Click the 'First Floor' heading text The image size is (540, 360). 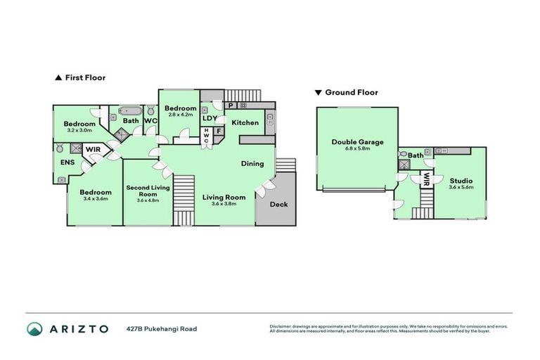[x=84, y=78]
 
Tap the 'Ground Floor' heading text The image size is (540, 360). [x=351, y=92]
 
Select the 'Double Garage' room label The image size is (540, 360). [x=357, y=142]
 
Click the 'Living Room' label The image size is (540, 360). [x=224, y=197]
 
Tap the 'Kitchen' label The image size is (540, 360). [x=245, y=123]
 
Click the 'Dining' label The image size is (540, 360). [x=252, y=164]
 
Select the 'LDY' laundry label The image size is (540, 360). [x=210, y=119]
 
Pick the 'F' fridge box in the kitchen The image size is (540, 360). [x=219, y=130]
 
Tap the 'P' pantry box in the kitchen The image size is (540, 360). [x=231, y=106]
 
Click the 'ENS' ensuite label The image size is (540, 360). [x=67, y=162]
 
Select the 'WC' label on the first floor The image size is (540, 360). [x=150, y=121]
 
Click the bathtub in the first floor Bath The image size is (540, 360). [x=130, y=110]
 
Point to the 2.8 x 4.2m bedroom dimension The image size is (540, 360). [x=180, y=115]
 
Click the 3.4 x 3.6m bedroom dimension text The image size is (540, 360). [x=95, y=199]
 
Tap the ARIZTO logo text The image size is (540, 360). [x=78, y=328]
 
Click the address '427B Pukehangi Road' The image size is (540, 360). [x=162, y=328]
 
